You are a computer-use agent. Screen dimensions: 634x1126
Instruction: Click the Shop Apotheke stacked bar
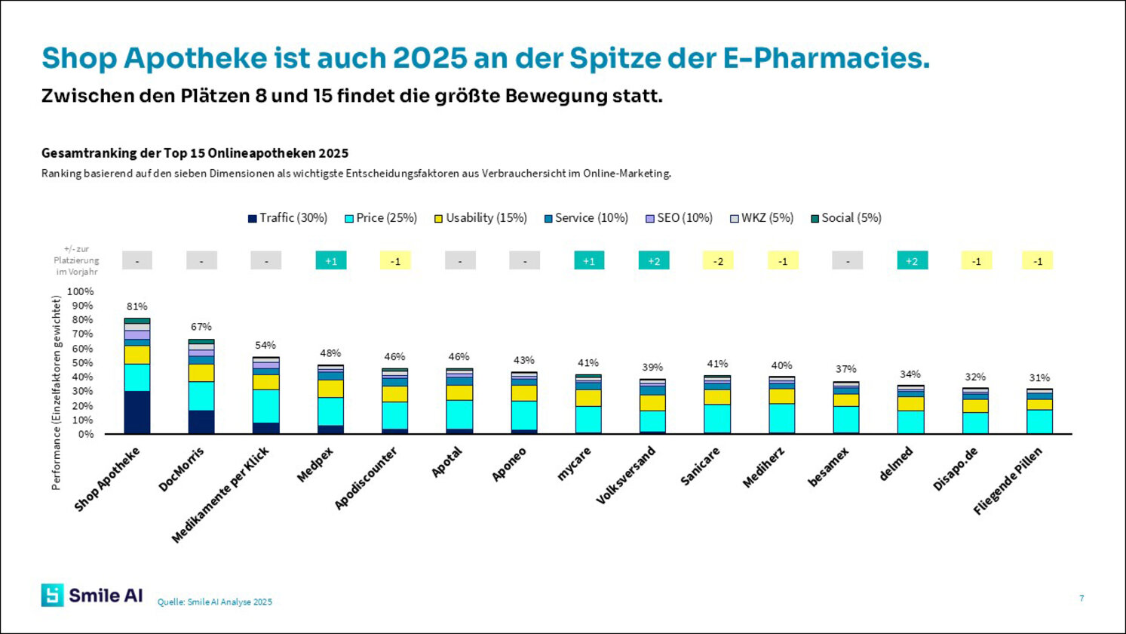(x=137, y=376)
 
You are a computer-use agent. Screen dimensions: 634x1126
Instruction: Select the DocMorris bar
(x=201, y=386)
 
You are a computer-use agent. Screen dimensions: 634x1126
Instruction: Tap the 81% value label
(x=137, y=306)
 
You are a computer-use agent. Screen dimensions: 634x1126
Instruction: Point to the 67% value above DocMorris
(x=201, y=327)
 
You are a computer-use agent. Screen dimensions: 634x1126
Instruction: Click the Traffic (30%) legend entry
(x=288, y=218)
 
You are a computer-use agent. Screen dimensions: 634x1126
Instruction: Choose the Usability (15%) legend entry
(x=480, y=218)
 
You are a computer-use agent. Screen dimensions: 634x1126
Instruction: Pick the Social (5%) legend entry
(x=845, y=218)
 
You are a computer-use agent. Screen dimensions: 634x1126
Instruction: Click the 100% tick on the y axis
(x=80, y=291)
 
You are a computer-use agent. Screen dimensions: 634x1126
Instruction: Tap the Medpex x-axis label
(x=315, y=464)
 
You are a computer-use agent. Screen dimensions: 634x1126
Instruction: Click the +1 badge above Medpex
(x=330, y=260)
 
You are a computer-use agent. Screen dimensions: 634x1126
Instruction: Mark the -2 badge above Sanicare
(x=718, y=260)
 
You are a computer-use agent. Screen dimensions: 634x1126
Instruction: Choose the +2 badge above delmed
(x=912, y=260)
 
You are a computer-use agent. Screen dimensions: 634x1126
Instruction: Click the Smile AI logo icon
(x=53, y=595)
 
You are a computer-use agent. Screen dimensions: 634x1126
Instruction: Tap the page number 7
(x=1082, y=599)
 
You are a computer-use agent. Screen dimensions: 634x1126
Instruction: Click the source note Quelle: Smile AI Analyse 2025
(x=215, y=602)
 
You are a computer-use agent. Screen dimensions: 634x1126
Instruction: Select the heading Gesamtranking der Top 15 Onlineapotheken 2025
(x=195, y=153)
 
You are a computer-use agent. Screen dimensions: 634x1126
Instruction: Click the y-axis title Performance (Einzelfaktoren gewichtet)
(x=56, y=392)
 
